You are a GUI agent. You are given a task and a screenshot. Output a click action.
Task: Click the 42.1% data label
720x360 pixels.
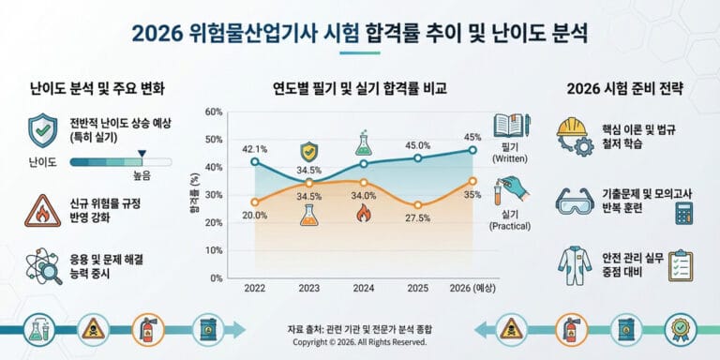(255, 148)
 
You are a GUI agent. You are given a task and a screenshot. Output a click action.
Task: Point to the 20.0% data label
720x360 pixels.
(255, 215)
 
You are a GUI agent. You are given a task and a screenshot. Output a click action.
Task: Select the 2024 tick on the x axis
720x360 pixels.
(363, 288)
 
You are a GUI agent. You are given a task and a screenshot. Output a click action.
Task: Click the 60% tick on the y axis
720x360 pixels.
(213, 112)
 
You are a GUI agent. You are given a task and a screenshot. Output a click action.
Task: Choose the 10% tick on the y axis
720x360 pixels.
(213, 250)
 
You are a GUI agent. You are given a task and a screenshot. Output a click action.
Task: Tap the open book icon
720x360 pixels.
(511, 126)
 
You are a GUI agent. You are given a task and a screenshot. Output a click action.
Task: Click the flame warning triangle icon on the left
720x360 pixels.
(42, 212)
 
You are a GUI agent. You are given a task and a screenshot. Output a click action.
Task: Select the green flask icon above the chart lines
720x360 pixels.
(363, 144)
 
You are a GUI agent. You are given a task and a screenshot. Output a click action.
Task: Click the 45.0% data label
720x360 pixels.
(417, 145)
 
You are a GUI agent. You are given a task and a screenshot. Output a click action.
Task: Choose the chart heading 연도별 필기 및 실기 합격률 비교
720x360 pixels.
(359, 90)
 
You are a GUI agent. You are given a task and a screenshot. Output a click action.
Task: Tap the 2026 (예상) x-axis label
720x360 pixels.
(471, 288)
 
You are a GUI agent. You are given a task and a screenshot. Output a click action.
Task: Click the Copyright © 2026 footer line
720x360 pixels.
(359, 343)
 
